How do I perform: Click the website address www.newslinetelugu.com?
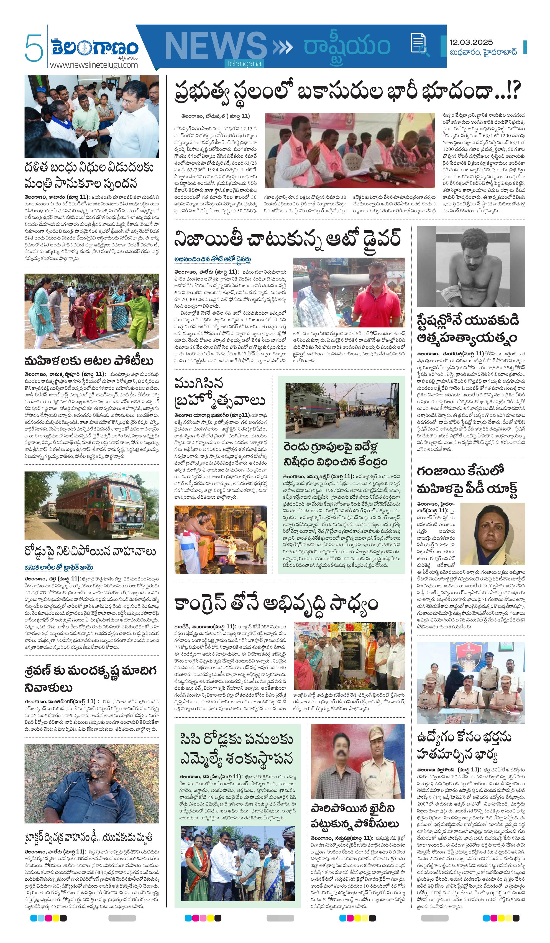[94, 65]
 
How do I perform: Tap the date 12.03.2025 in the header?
[471, 42]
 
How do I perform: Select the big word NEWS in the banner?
[215, 47]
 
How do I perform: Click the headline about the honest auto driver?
[287, 238]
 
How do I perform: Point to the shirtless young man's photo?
[471, 266]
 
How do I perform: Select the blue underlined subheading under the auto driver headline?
[212, 259]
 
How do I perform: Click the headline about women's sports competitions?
[89, 361]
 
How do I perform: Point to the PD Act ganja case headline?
[467, 480]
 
